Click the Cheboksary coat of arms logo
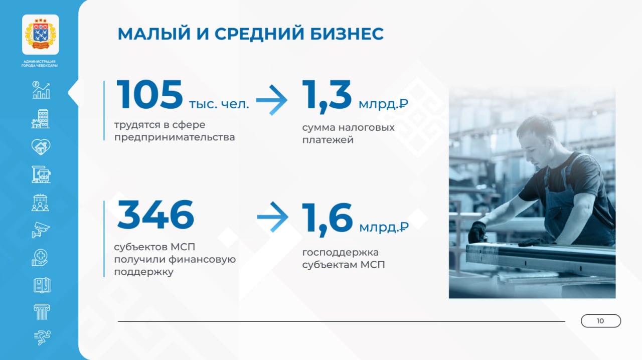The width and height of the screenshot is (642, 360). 41,35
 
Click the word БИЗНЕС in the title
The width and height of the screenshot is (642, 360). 347,34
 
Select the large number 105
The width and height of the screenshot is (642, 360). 149,95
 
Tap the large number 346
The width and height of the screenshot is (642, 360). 155,215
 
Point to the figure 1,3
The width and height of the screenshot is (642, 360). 327,96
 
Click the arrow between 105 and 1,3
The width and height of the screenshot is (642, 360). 271,100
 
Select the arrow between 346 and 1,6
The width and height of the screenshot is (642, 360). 272,217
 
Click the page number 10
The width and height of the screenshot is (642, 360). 600,321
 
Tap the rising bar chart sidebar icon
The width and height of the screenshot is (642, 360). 41,90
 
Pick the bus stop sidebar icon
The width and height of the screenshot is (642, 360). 41,174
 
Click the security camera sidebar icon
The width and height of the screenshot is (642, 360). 41,230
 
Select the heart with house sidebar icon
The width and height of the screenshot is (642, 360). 41,147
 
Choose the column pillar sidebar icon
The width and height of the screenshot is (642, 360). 42,312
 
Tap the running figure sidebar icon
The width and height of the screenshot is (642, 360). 42,337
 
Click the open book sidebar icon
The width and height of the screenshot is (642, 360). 42,285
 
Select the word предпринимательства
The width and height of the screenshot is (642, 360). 175,137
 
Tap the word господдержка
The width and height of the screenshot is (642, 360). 341,253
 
